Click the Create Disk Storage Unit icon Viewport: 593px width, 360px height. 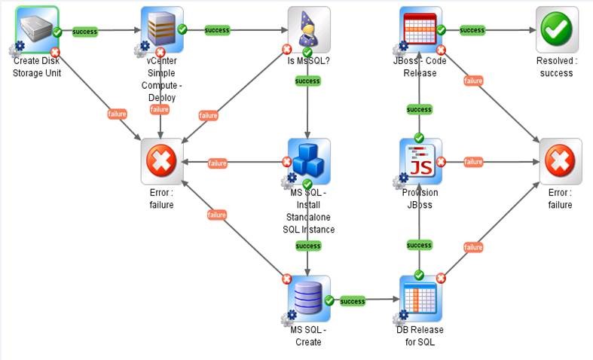click(x=36, y=28)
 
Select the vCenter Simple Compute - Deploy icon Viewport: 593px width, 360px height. click(x=161, y=29)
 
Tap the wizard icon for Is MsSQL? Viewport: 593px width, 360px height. click(x=309, y=29)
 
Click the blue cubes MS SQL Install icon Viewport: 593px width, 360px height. click(x=309, y=160)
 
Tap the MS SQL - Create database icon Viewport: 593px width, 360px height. click(x=309, y=297)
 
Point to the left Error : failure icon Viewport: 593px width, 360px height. click(x=161, y=160)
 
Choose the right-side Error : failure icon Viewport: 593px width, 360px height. click(x=560, y=160)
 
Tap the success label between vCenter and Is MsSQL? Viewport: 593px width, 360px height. click(x=217, y=30)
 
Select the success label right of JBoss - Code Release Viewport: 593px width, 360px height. click(x=472, y=30)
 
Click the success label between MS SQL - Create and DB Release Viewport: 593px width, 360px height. click(x=353, y=301)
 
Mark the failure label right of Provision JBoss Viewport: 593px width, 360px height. click(x=473, y=161)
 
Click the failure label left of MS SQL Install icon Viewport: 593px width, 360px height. click(x=217, y=163)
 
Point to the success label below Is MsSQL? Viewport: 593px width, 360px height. click(x=307, y=81)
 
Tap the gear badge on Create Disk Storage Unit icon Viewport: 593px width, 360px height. click(x=15, y=50)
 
